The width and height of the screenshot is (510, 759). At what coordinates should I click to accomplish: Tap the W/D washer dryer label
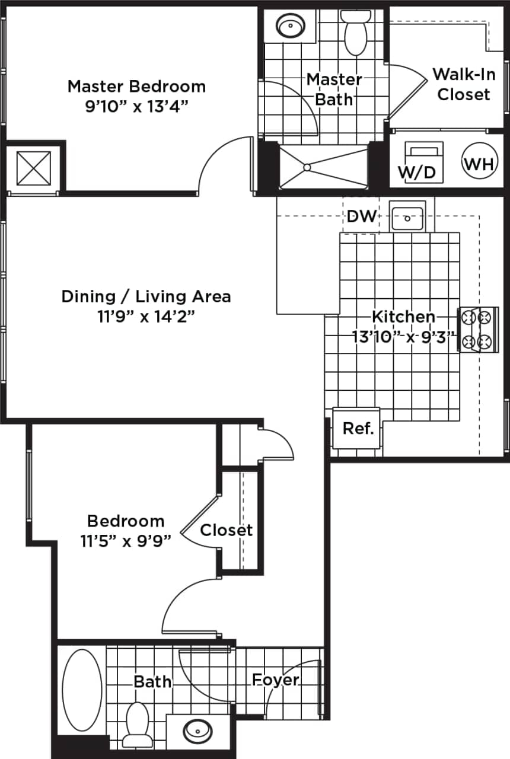[x=416, y=173]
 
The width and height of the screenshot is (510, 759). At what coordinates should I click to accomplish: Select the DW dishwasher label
[x=361, y=216]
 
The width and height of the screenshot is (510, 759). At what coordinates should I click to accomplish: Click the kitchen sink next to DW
[x=407, y=217]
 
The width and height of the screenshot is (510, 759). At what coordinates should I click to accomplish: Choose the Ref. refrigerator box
[x=358, y=429]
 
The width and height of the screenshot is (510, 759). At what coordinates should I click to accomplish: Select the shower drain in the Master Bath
[x=307, y=168]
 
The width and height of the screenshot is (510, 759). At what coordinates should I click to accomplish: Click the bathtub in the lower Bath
[x=81, y=690]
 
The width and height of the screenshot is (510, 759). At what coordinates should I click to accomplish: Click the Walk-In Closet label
[x=463, y=84]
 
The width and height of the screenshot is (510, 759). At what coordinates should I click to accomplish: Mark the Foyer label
[x=276, y=680]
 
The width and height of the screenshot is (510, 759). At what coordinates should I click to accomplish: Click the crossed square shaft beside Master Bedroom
[x=33, y=168]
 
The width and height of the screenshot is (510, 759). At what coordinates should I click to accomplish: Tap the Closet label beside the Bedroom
[x=226, y=530]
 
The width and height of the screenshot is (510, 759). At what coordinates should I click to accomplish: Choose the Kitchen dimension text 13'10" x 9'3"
[x=404, y=339]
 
